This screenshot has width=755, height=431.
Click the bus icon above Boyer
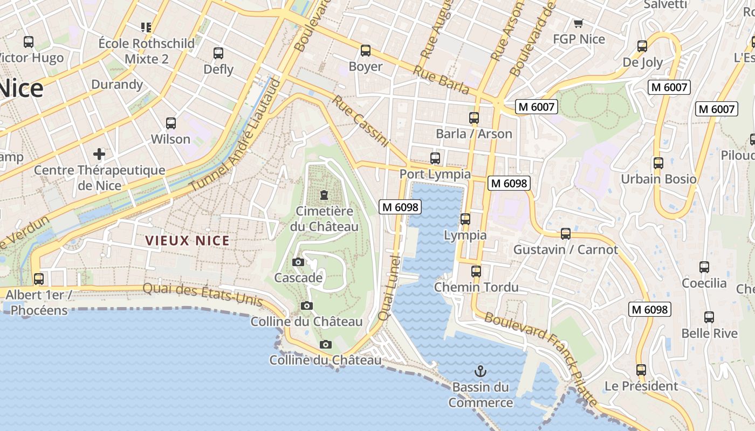[x=366, y=51]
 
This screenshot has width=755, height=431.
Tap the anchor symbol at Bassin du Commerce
[x=480, y=371]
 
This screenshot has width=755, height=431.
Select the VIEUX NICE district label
[x=188, y=241]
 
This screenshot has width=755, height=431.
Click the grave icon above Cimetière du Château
[x=324, y=194]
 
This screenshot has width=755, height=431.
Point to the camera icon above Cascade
[x=298, y=262]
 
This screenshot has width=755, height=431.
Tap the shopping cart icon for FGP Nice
[x=579, y=23]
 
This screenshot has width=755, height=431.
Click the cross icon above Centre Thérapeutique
[x=99, y=154]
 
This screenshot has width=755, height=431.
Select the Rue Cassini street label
[x=360, y=121]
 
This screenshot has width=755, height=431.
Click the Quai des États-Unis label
[x=202, y=295]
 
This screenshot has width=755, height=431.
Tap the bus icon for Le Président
[x=641, y=370]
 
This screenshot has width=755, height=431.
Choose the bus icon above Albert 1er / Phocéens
[x=38, y=279]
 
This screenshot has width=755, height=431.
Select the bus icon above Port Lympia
[x=435, y=158]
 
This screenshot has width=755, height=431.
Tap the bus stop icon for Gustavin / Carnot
[x=565, y=234]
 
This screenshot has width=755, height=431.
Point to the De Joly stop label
[x=642, y=62]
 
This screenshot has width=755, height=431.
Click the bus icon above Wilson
[x=171, y=123]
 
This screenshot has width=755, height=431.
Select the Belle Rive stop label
[x=709, y=333]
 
